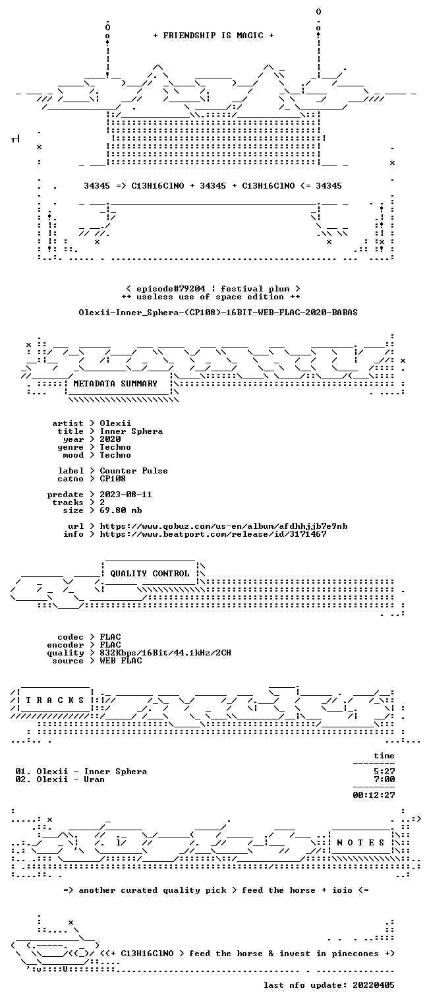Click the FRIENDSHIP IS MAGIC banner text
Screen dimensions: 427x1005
coord(213,36)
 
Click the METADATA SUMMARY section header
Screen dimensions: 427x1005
coord(115,384)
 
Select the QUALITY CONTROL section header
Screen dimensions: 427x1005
coord(150,573)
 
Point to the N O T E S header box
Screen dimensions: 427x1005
coord(360,842)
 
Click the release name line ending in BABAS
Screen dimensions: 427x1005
coord(218,313)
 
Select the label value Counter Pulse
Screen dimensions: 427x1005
coord(134,471)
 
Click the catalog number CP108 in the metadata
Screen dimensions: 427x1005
coord(113,479)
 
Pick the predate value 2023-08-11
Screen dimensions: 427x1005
coord(126,495)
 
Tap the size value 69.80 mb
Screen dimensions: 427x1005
coord(121,510)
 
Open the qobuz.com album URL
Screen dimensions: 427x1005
coord(223,526)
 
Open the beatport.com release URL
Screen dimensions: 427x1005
coord(213,534)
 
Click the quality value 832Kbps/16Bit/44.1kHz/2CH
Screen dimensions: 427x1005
coord(165,653)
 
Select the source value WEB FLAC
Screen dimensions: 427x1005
coord(121,660)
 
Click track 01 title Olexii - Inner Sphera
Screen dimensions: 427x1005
coord(92,772)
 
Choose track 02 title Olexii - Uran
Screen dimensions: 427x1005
coord(71,779)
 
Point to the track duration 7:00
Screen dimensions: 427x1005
coord(384,779)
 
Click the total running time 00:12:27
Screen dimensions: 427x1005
coord(374,795)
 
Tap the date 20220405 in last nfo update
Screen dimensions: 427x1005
coord(374,985)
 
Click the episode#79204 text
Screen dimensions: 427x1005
coord(171,289)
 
